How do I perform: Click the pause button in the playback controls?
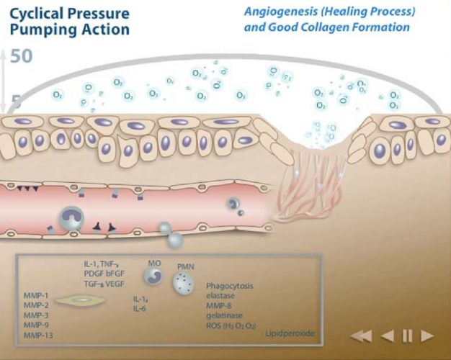[407, 335]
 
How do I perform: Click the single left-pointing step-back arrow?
[387, 335]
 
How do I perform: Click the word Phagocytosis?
[230, 286]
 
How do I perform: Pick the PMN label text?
[186, 267]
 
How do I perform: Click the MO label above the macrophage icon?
[154, 264]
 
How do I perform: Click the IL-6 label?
[140, 307]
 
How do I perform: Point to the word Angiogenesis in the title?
[278, 12]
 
